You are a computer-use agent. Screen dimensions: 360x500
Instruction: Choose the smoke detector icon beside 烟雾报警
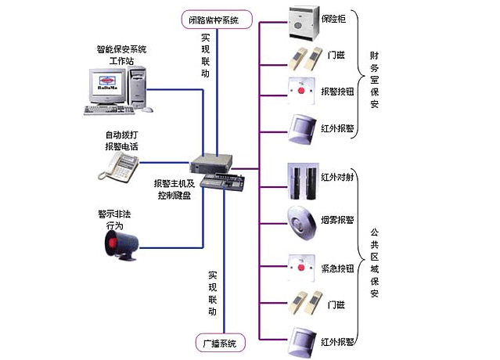pos(302,218)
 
